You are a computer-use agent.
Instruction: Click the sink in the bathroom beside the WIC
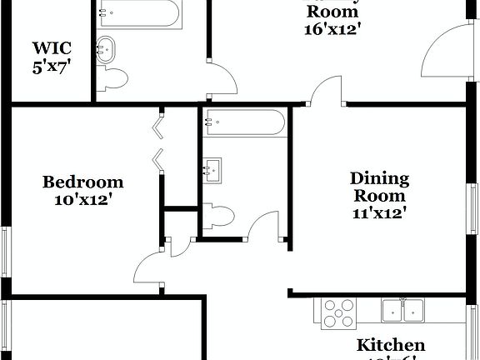[x=108, y=48]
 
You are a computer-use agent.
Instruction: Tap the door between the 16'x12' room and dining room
[x=326, y=90]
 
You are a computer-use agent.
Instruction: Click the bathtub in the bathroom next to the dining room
[x=245, y=122]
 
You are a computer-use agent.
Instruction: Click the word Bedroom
[x=83, y=182]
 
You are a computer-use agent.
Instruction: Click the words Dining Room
[x=379, y=187]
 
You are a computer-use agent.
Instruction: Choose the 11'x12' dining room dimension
[x=379, y=214]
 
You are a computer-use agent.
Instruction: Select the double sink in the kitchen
[x=402, y=309]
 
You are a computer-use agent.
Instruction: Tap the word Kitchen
[x=391, y=344]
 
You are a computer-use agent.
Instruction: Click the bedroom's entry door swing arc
[x=147, y=264]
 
